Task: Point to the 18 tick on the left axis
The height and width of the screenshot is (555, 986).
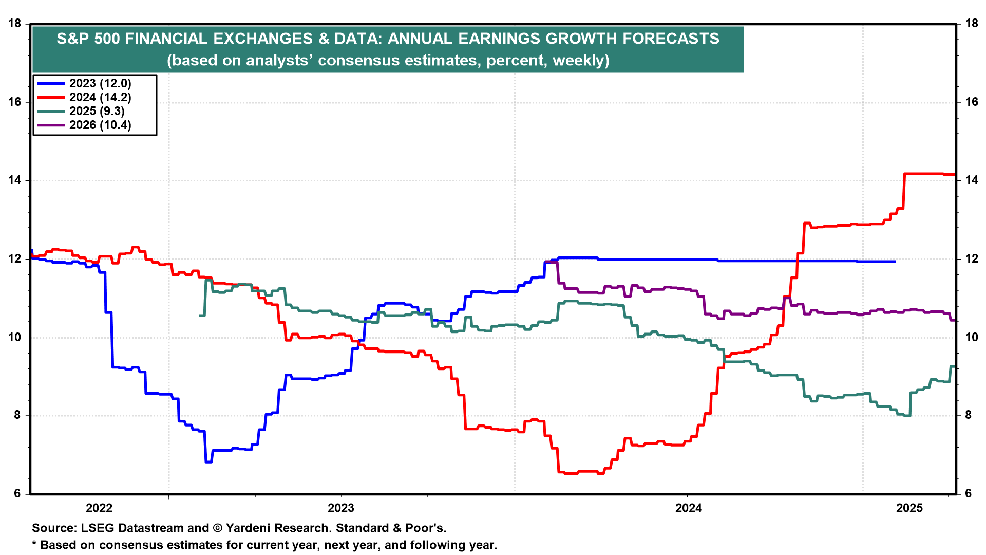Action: pyautogui.click(x=14, y=24)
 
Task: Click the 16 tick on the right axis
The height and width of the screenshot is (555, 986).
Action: pyautogui.click(x=971, y=102)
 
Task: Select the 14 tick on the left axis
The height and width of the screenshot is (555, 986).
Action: pyautogui.click(x=14, y=180)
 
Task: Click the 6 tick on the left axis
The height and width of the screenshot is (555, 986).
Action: pyautogui.click(x=17, y=494)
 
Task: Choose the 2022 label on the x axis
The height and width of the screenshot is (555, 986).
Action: pyautogui.click(x=99, y=508)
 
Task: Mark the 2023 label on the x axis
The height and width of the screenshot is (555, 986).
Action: pyautogui.click(x=341, y=508)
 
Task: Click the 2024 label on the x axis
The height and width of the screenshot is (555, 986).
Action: pyautogui.click(x=689, y=508)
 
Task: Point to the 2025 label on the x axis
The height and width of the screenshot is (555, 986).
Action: pyautogui.click(x=909, y=508)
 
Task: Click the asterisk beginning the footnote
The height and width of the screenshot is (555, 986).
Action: pyautogui.click(x=34, y=544)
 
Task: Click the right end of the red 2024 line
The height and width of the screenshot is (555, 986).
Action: pyautogui.click(x=954, y=175)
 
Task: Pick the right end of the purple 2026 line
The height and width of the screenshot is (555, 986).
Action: pyautogui.click(x=954, y=320)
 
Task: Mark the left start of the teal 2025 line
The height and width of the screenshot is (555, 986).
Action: pyautogui.click(x=200, y=315)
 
